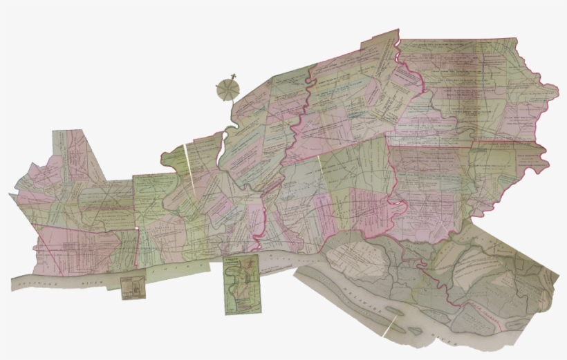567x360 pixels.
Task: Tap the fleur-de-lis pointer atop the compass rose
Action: pos(234,74)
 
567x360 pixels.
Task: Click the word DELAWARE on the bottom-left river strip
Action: pos(35,282)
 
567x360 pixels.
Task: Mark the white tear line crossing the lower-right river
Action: pos(391,324)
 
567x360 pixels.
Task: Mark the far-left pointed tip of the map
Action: pos(10,194)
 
